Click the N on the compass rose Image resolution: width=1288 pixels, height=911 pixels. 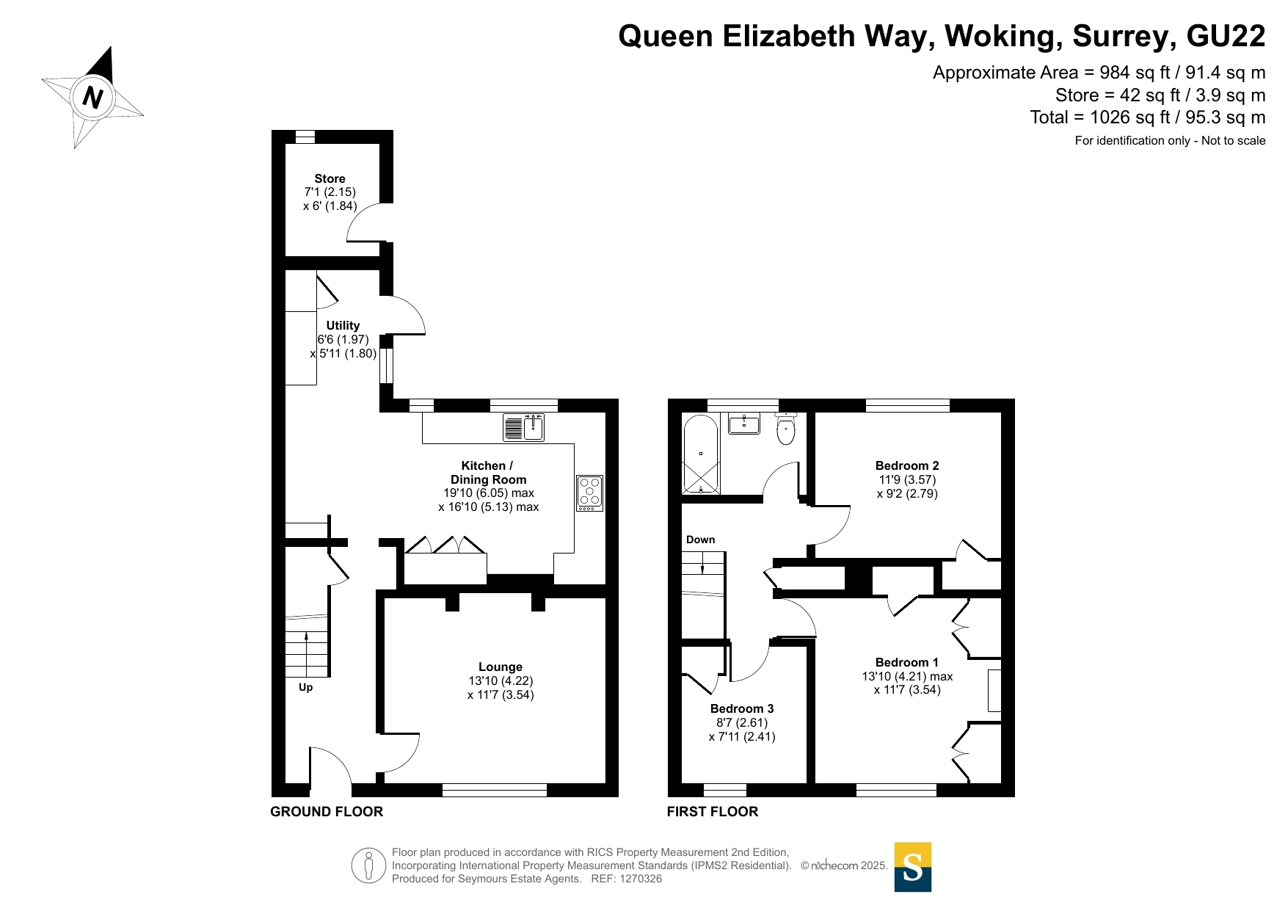point(92,97)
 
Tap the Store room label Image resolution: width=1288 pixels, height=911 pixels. point(330,178)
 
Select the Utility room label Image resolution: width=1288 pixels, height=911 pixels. point(343,325)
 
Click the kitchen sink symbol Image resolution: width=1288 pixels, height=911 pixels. point(523,427)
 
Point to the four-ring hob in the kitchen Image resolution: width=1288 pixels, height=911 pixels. point(589,493)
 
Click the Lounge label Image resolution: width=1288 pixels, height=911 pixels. point(501,667)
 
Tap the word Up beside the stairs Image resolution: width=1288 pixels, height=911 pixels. point(305,688)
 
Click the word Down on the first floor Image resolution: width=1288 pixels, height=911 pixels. point(700,540)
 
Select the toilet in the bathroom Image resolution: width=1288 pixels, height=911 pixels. point(786,429)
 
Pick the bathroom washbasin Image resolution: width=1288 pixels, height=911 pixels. point(744,423)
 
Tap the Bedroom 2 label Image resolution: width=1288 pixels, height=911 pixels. point(907,465)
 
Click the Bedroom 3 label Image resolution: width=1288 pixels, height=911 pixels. point(742,708)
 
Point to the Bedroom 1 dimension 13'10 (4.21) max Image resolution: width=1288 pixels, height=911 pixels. point(907,676)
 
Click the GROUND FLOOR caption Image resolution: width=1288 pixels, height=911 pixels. point(327,811)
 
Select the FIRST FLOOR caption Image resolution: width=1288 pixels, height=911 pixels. point(713,811)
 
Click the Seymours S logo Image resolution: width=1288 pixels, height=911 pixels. point(913,867)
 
